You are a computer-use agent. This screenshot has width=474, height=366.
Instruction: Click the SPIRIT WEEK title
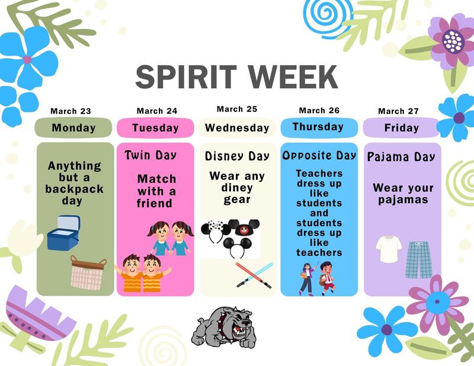click(x=236, y=77)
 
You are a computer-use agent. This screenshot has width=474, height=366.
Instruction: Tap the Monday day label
click(x=73, y=127)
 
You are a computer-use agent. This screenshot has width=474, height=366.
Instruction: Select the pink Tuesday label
click(x=155, y=127)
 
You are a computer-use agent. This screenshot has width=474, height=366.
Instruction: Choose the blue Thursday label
click(x=318, y=127)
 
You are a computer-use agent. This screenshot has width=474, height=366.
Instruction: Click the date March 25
click(x=237, y=109)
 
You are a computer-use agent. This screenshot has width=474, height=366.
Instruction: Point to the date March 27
click(x=398, y=111)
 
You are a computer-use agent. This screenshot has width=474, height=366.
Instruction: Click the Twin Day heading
click(x=151, y=155)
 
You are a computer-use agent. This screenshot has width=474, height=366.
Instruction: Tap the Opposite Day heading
click(x=319, y=155)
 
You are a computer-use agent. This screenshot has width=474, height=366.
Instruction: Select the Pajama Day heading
click(x=401, y=157)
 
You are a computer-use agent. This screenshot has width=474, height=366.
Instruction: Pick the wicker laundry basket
click(x=88, y=272)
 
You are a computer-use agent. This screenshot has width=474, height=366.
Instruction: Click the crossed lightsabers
click(x=254, y=274)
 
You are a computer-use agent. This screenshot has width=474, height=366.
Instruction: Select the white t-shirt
click(x=389, y=249)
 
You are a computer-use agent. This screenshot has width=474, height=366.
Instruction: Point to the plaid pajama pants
click(x=419, y=259)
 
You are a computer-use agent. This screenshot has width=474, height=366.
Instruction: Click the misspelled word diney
click(x=237, y=188)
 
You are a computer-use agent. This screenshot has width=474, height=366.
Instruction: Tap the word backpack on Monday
click(x=74, y=190)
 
